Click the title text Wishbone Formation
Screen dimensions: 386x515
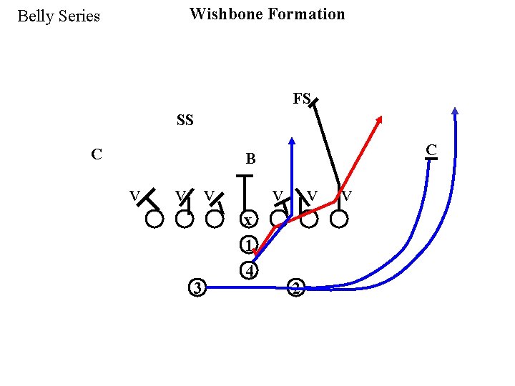267,14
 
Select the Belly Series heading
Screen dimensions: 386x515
59,16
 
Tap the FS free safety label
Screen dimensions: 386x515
301,99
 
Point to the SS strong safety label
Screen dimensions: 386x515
185,120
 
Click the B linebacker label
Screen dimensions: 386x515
250,159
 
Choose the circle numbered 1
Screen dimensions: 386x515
247,245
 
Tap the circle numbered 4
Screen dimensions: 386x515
247,271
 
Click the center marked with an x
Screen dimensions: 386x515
247,220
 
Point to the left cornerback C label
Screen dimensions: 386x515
97,154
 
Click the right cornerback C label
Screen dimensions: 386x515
431,149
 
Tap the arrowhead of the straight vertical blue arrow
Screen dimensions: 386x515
292,140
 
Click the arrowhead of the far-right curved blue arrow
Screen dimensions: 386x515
455,111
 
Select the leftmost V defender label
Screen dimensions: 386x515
134,194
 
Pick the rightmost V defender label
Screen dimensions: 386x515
346,194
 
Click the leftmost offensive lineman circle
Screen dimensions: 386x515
154,219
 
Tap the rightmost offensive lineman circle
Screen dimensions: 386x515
339,219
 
